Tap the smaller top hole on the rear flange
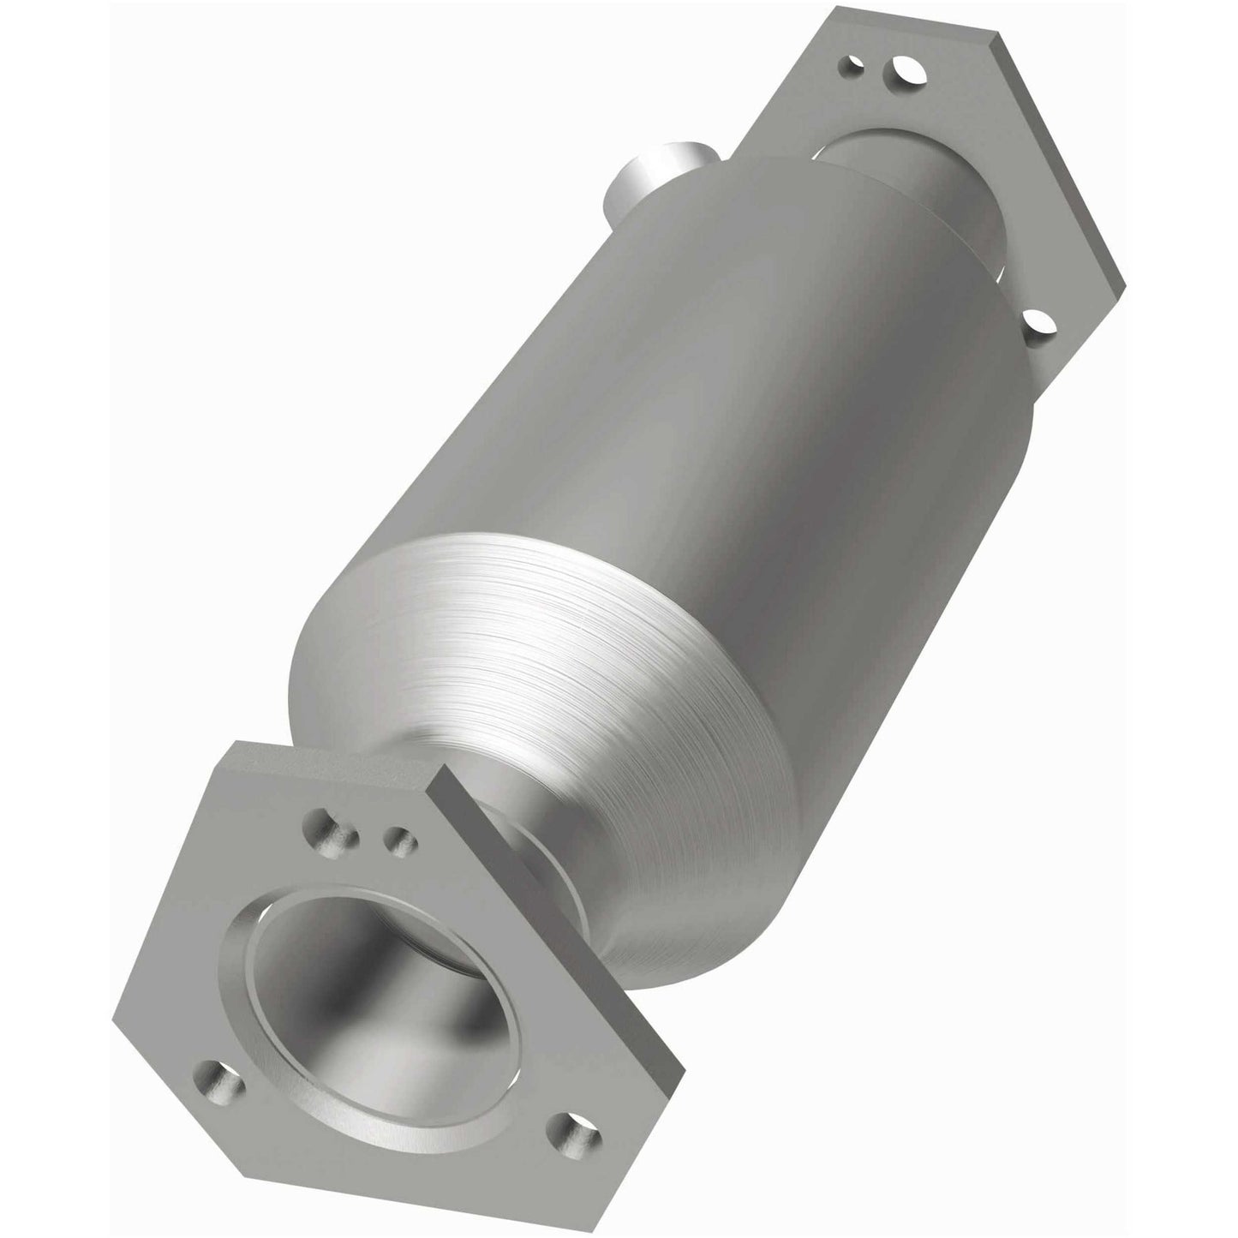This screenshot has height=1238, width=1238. pyautogui.click(x=852, y=65)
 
